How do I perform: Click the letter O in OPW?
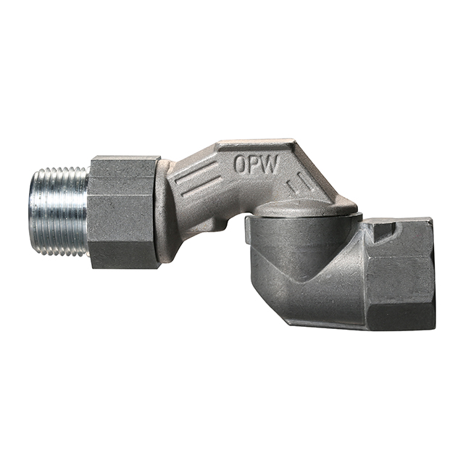241,164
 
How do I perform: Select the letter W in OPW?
270,164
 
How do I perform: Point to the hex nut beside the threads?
123,212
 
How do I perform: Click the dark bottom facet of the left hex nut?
125,255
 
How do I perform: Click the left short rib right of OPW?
291,186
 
